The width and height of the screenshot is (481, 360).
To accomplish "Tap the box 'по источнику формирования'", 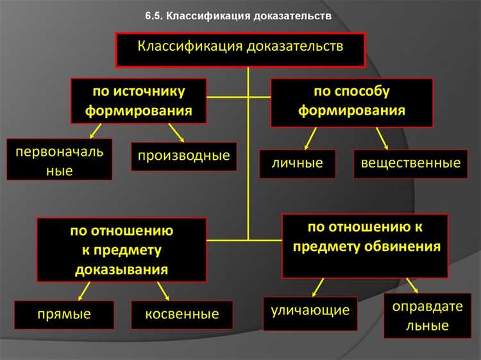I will pos(139,101).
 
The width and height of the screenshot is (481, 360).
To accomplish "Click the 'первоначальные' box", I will pos(59,159).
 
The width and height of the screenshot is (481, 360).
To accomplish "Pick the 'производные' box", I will pos(183,156).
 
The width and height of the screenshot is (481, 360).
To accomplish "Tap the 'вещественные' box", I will pos(410,163).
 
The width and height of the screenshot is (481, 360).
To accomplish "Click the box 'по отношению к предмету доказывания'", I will pos(122,250).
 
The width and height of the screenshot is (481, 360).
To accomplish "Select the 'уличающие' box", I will pos(310,311).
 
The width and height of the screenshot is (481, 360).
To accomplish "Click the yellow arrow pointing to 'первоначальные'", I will pos(96,131).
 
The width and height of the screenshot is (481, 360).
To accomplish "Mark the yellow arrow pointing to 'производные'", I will pos(176,133).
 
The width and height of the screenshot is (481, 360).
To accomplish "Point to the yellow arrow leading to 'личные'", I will pos(310,137).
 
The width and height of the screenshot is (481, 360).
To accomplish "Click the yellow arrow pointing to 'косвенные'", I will pos(163,291).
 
